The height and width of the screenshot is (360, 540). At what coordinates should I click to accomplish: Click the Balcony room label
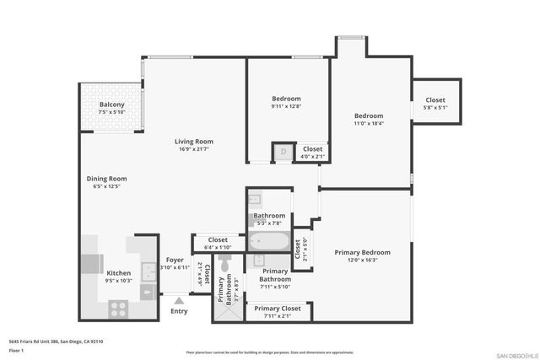coord(111,105)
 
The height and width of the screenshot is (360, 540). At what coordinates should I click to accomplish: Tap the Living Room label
coord(193,141)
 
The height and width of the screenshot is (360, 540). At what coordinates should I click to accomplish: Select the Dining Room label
coord(106,178)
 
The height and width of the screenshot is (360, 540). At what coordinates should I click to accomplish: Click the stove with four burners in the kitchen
coord(118,309)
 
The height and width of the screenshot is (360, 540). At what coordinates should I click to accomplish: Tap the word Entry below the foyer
coord(179,311)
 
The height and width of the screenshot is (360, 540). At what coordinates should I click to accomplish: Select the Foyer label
coord(174,260)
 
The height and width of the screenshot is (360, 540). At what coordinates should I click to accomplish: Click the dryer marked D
coord(282,153)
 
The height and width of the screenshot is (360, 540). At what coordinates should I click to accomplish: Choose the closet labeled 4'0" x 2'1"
coord(312,153)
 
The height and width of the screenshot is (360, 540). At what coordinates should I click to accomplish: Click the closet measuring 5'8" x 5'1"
coord(435,103)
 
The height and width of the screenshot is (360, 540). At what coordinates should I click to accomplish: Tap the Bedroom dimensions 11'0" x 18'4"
coord(368,123)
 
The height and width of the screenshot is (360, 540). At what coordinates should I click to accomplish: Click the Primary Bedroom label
coord(362,252)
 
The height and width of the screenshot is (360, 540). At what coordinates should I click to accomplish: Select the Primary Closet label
coord(278,309)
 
